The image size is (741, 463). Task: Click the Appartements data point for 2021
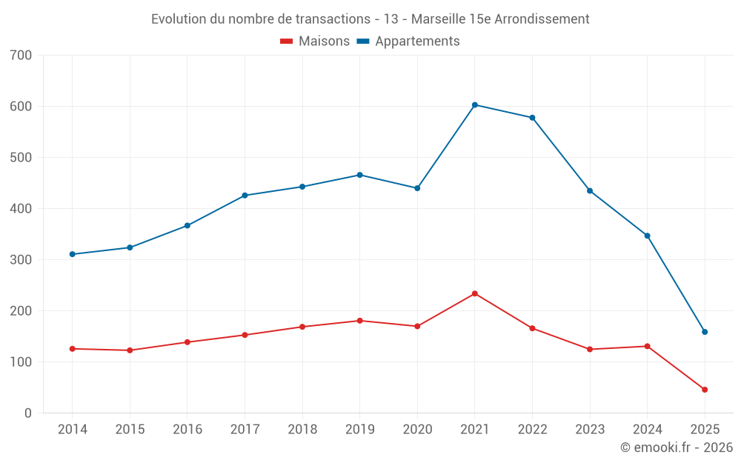(x=475, y=105)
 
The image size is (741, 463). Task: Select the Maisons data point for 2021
(x=475, y=294)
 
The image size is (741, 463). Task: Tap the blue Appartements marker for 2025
(x=705, y=332)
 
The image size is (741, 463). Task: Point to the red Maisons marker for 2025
(x=705, y=390)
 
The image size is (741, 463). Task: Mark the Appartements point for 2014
(x=73, y=254)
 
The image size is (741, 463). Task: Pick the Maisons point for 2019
(x=360, y=321)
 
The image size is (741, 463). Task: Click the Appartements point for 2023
(x=590, y=191)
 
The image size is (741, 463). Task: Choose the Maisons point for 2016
(x=187, y=342)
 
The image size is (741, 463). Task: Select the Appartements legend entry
(x=417, y=41)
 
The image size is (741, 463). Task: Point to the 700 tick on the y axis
(x=21, y=55)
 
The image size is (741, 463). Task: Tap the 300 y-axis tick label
(x=21, y=260)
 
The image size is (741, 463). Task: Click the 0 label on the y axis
(x=28, y=413)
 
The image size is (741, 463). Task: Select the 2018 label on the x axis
(x=302, y=430)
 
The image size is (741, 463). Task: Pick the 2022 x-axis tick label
(x=532, y=430)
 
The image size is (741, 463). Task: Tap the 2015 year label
(x=130, y=430)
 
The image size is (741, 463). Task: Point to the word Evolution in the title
(x=179, y=19)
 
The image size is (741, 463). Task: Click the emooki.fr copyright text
(x=677, y=447)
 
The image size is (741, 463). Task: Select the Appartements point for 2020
(x=417, y=188)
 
